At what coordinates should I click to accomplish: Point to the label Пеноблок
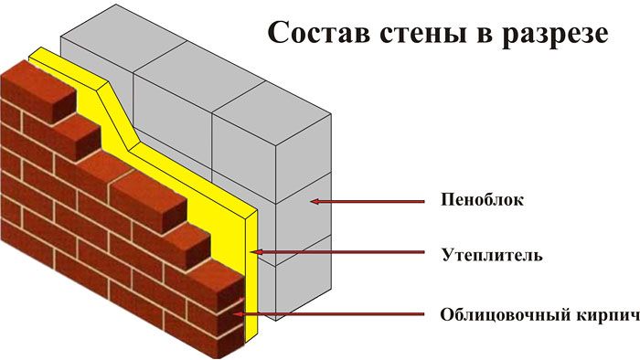tap(482, 200)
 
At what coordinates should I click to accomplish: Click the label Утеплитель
tap(492, 256)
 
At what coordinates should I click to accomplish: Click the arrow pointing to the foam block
tap(368, 201)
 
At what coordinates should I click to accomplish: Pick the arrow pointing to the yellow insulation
tap(337, 252)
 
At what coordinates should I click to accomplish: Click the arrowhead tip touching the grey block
tap(310, 201)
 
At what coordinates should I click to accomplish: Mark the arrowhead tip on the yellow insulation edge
tap(251, 252)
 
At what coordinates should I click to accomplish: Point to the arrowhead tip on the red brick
tap(232, 314)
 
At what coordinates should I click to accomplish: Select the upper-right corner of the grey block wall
tap(331, 113)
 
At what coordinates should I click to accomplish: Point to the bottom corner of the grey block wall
tap(276, 321)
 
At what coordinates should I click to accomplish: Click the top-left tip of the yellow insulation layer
tap(29, 57)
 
